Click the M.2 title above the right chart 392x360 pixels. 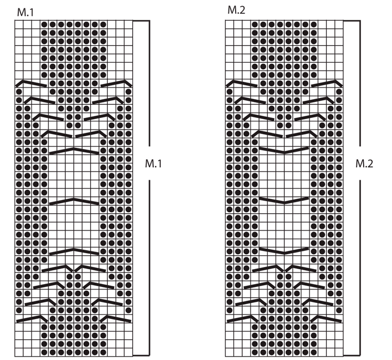tap(236, 11)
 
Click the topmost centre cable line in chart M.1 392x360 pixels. tap(74, 150)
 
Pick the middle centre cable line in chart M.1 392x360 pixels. tap(74, 199)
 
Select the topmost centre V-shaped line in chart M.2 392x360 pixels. tap(285, 150)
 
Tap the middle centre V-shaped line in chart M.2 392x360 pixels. tap(285, 200)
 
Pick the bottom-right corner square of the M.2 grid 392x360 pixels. tap(340, 351)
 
